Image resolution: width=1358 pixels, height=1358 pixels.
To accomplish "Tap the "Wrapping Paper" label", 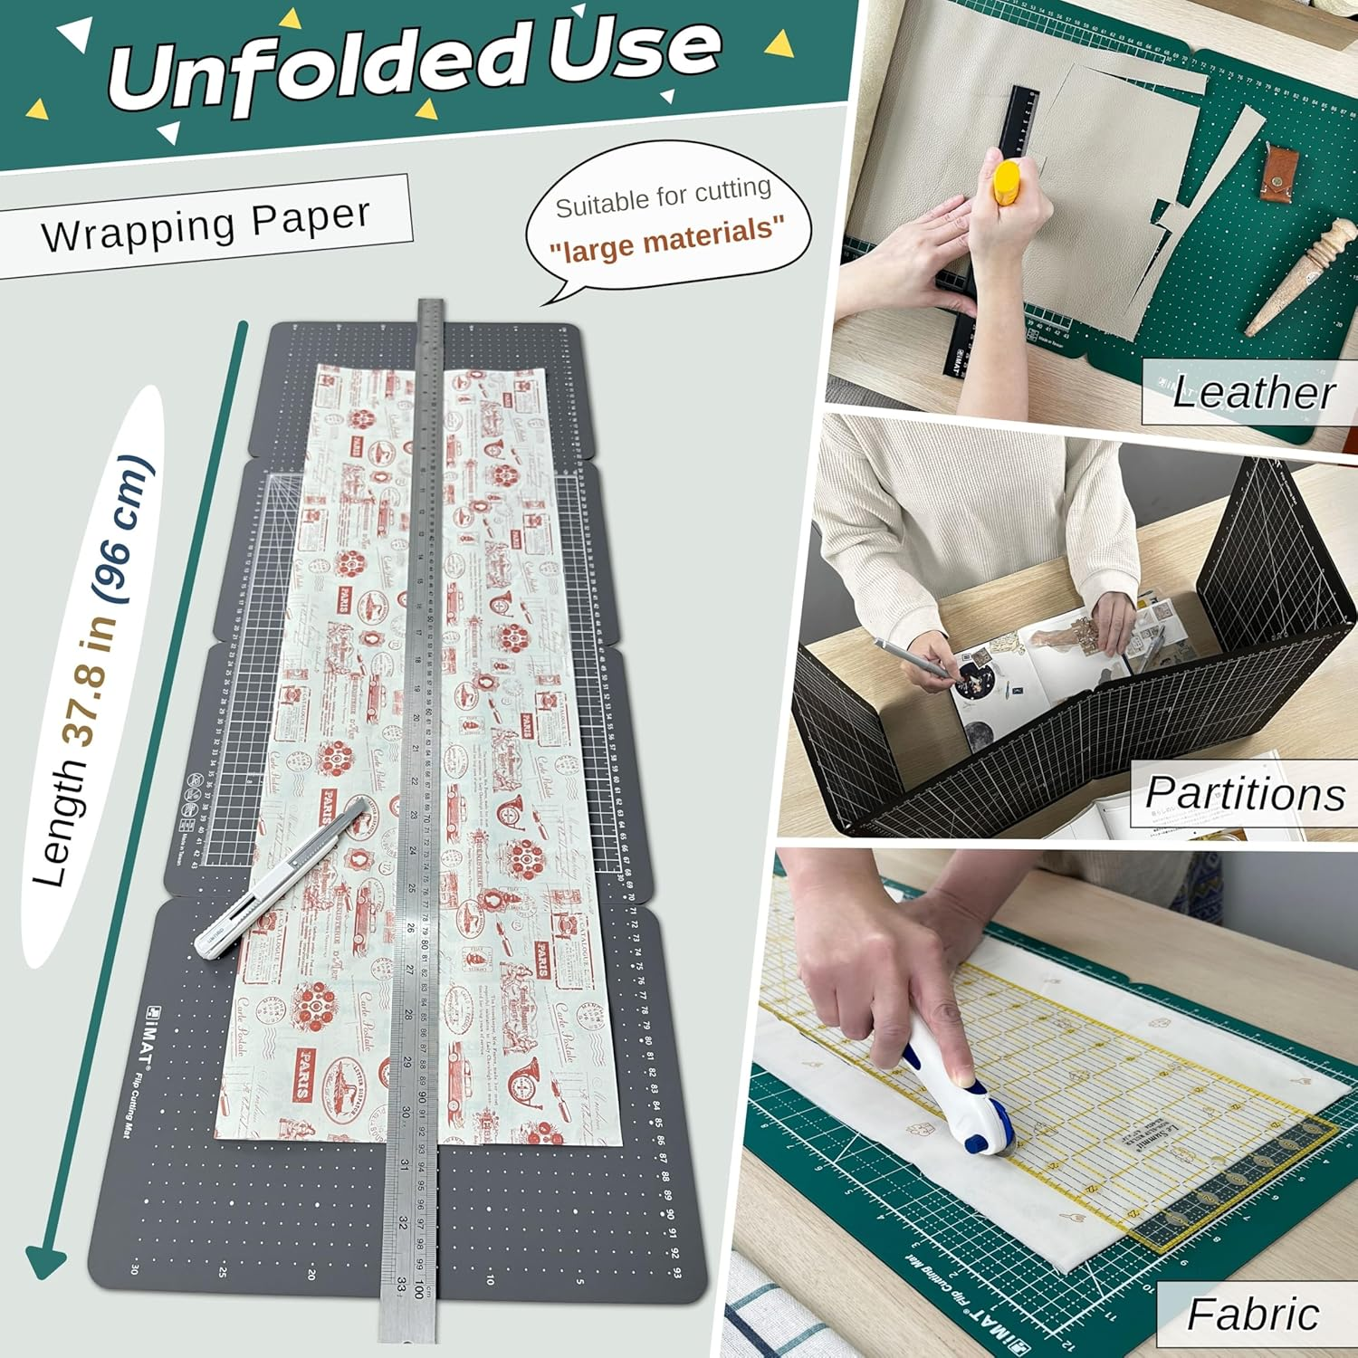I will [x=206, y=224].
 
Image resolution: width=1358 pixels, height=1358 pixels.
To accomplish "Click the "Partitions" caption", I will [x=1245, y=794].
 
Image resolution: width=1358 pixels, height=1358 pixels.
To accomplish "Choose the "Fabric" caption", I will [x=1253, y=1314].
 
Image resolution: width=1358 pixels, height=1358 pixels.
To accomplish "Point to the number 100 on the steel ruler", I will [x=418, y=1288].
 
